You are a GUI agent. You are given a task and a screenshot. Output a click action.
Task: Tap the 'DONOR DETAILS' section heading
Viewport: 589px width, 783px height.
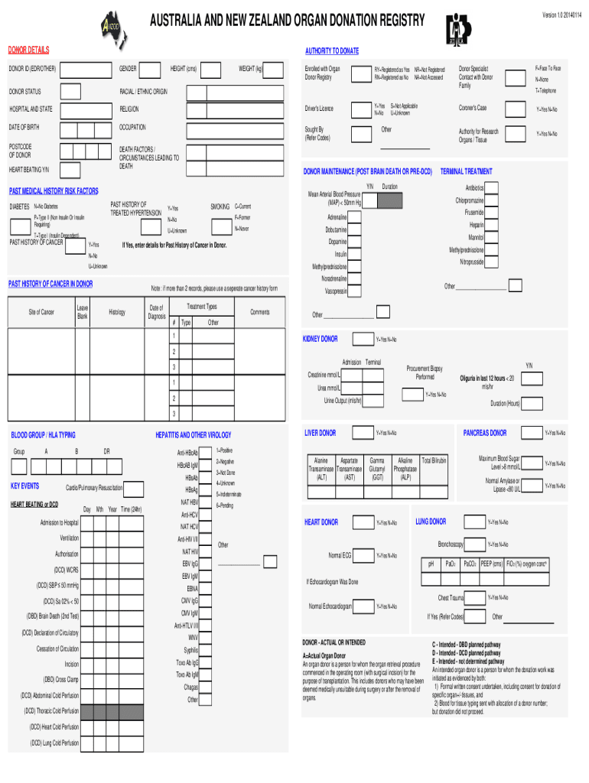coord(28,50)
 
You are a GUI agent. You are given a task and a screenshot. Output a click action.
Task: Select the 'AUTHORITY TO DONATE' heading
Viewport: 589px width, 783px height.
coord(331,50)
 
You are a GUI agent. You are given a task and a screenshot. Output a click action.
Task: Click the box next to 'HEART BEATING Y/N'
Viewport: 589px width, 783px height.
coord(70,169)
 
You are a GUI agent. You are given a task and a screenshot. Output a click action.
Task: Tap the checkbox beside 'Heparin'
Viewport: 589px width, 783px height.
coord(494,225)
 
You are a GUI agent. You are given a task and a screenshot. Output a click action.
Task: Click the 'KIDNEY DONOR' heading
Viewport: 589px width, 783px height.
coord(321,339)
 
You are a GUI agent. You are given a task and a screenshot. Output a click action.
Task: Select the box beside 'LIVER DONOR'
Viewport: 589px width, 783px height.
coord(360,434)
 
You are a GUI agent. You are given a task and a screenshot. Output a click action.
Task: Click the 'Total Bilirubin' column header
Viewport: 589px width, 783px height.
coord(434,460)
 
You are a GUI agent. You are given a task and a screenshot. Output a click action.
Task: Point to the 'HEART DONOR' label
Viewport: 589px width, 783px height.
coord(321,522)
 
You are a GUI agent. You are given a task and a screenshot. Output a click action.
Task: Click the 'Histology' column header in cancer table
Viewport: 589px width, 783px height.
coord(117,312)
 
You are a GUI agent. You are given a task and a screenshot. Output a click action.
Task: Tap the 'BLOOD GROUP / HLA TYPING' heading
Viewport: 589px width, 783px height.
coord(43,435)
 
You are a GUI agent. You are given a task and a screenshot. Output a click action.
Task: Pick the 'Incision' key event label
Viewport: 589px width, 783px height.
coord(71,664)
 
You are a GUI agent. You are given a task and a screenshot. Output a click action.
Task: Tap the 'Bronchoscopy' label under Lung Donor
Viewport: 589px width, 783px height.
coord(451,544)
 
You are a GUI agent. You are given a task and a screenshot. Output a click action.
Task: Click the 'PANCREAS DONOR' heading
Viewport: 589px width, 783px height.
coord(485,433)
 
